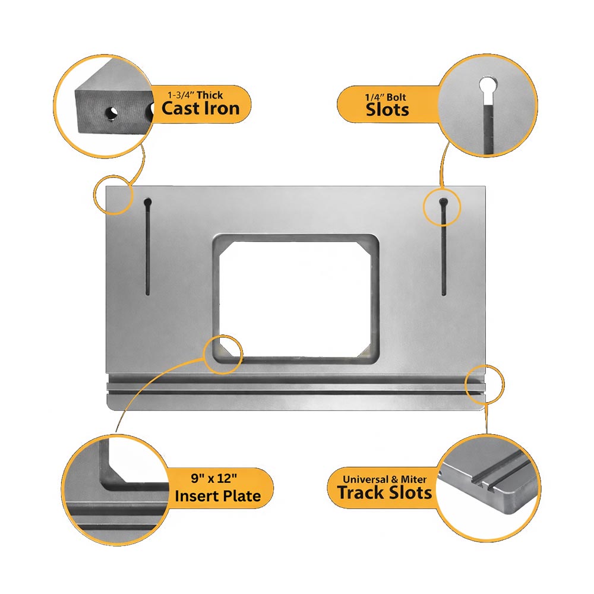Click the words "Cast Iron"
tap(200, 108)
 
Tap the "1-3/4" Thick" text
tap(195, 94)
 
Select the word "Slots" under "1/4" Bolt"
tap(387, 110)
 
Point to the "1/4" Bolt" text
tap(386, 97)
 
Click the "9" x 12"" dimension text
tap(214, 478)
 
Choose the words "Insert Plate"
tap(218, 496)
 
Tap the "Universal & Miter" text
tap(384, 479)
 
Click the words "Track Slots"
tap(384, 492)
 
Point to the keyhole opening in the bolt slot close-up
tap(488, 86)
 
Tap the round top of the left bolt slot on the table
tap(148, 202)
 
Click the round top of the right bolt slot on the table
tap(443, 202)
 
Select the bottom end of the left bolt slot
tap(148, 294)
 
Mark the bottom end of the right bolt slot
tap(444, 294)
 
